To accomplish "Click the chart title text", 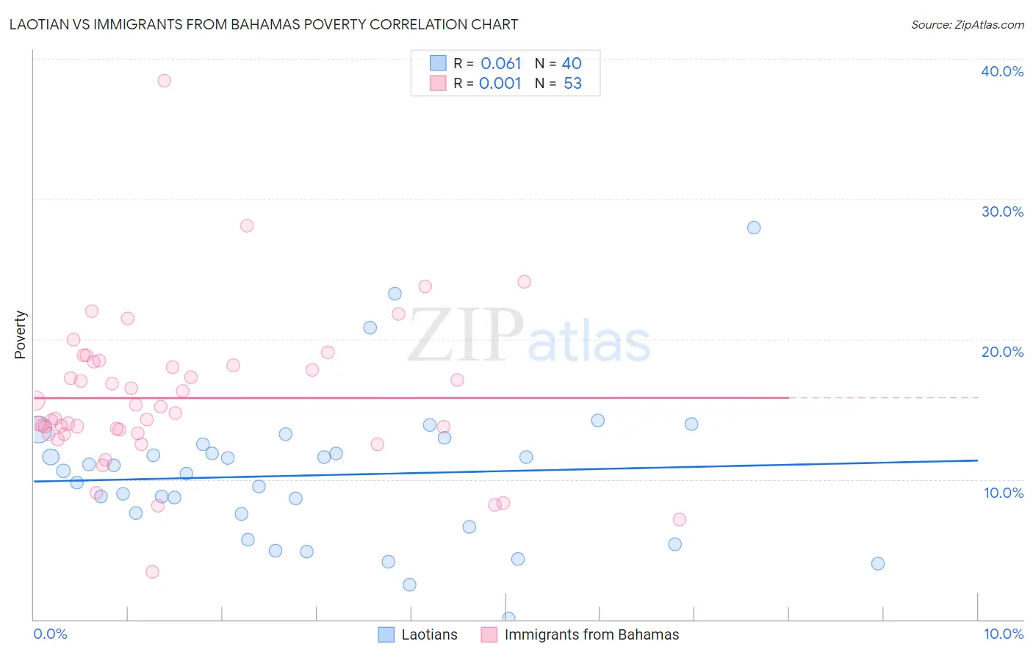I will (x=263, y=24).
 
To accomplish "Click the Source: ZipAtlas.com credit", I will (x=967, y=24).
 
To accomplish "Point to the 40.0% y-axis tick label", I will (x=1001, y=71).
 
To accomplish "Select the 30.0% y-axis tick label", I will (x=1001, y=211).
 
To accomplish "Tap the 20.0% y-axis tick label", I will (x=1001, y=352).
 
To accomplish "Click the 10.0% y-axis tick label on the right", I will (x=1003, y=493).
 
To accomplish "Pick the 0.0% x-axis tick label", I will (x=50, y=634).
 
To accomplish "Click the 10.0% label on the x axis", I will (x=1003, y=634).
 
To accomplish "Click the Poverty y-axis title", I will (x=20, y=335).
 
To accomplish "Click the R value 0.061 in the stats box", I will (x=500, y=64).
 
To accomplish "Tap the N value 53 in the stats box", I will (x=572, y=84).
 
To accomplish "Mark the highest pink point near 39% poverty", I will (x=165, y=81).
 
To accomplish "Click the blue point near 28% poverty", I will (x=754, y=228).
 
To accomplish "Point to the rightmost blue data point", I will (x=877, y=564).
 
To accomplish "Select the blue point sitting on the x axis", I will (x=508, y=618).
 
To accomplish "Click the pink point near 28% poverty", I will (x=247, y=225).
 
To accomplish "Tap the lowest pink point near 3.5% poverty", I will (x=152, y=572).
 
